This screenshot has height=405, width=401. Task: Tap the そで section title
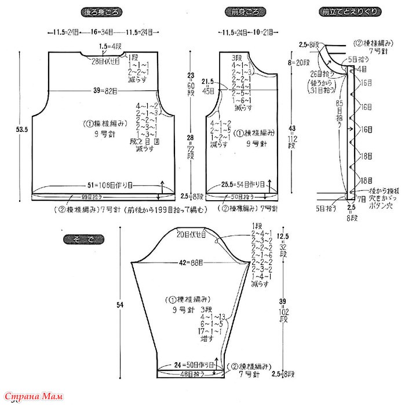[83, 238]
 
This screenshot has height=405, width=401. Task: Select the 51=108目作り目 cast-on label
[110, 185]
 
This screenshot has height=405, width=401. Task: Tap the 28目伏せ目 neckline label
[105, 61]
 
